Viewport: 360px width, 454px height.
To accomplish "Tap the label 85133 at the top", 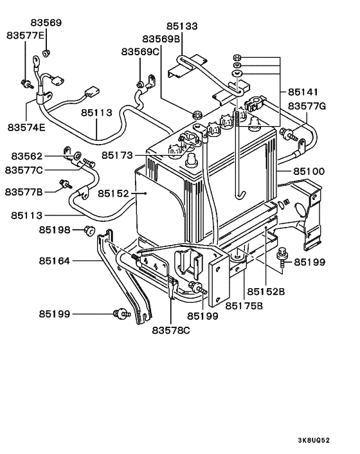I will click(x=182, y=27).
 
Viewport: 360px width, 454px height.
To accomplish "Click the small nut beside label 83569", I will click(x=46, y=51).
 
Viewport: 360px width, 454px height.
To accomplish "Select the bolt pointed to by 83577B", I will click(x=64, y=185).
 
